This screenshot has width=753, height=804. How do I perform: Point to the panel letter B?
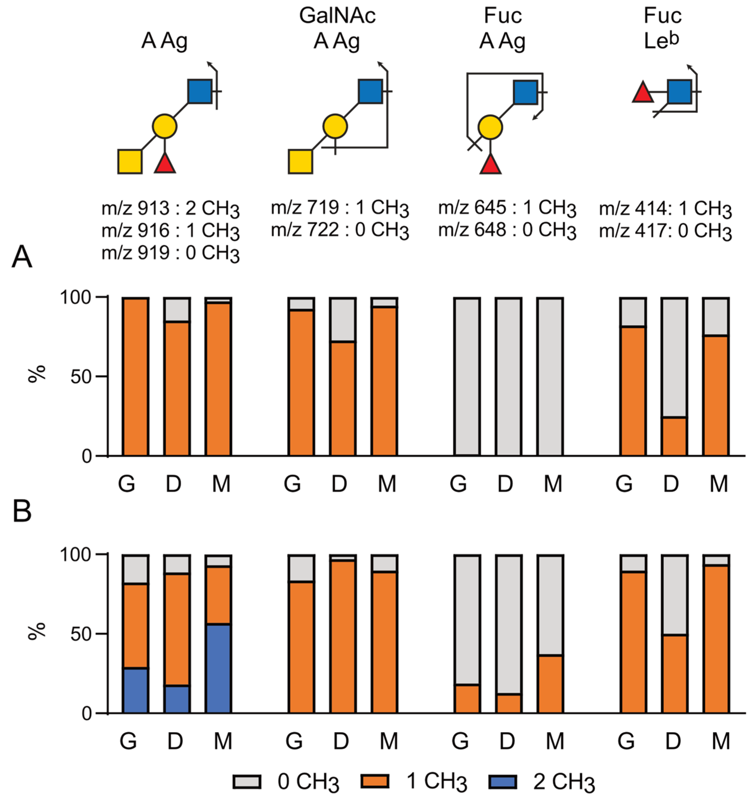pos(22,512)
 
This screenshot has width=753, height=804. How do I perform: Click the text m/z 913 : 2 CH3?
pos(170,209)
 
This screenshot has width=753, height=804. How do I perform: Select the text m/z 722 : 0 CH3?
pos(340,230)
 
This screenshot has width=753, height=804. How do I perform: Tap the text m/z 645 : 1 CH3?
pos(507,208)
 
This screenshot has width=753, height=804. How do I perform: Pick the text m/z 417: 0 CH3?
pos(665,231)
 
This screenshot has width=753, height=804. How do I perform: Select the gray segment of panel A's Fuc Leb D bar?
pos(674,358)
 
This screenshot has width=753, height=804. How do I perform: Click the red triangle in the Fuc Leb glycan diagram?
pos(643,93)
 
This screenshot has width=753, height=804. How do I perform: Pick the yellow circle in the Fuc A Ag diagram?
pos(490,127)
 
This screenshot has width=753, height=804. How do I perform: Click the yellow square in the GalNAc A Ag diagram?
pos(300,162)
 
